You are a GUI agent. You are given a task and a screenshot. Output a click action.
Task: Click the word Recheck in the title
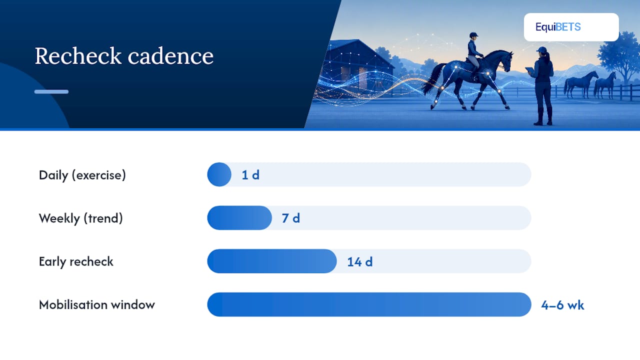[78, 55]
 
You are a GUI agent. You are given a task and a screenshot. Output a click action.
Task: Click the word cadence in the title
[170, 55]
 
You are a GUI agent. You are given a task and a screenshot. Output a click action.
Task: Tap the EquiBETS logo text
[558, 27]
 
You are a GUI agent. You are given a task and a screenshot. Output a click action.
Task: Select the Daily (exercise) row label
[82, 175]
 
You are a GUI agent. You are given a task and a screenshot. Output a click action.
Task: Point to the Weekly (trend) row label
[81, 218]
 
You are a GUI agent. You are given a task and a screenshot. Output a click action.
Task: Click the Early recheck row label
[76, 261]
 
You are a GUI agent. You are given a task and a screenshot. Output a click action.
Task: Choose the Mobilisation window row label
[97, 304]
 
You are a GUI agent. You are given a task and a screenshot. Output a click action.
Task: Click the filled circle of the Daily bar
[219, 174]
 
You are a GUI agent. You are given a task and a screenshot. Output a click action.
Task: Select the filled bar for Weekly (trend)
[239, 217]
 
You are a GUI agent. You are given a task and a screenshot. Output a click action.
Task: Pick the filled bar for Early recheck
[272, 261]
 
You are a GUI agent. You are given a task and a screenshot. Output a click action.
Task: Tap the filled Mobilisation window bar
[369, 304]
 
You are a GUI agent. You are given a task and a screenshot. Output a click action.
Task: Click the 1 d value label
[250, 175]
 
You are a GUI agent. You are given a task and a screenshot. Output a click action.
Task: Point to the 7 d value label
[291, 218]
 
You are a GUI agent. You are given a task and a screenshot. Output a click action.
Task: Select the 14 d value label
[360, 261]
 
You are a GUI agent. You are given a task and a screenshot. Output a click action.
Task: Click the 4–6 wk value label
[562, 305]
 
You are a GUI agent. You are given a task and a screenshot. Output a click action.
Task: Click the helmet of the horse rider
[473, 35]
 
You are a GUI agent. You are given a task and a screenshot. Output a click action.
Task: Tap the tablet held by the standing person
[529, 70]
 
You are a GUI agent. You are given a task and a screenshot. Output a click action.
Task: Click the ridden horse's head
[506, 60]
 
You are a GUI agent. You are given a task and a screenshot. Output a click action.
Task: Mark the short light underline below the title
[51, 91]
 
